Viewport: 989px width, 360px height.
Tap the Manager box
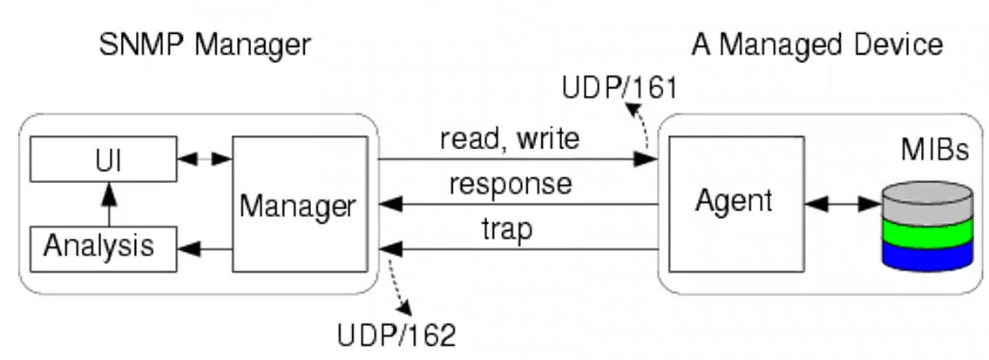(298, 207)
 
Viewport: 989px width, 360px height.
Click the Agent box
(733, 201)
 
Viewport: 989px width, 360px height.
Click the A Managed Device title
(816, 44)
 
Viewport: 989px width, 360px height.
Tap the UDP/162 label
(396, 333)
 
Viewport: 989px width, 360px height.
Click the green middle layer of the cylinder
(926, 233)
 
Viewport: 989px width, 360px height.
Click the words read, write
(509, 139)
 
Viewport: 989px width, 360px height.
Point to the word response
(511, 184)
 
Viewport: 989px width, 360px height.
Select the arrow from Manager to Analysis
(205, 249)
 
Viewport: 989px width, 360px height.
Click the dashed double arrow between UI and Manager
(205, 160)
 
